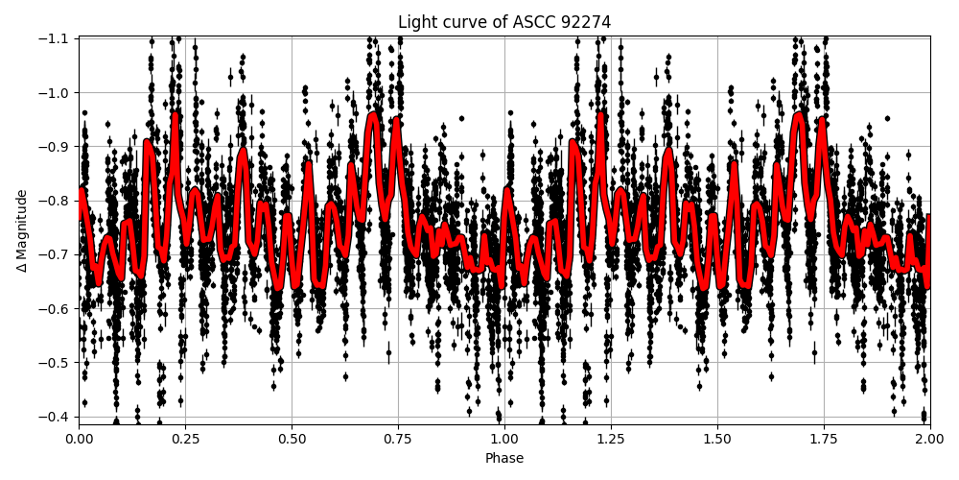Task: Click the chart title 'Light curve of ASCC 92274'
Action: [x=504, y=22]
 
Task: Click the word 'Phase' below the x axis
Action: [x=504, y=459]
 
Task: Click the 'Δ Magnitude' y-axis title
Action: [x=22, y=230]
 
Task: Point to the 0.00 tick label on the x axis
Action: [x=79, y=439]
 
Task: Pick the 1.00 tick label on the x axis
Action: [x=504, y=439]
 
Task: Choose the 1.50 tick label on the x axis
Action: [x=717, y=439]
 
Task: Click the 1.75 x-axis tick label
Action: [x=824, y=439]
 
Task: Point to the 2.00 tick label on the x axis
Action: [x=930, y=439]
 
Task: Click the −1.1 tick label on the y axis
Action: [x=57, y=38]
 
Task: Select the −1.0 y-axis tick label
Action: [x=57, y=92]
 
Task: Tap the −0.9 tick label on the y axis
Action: [x=57, y=146]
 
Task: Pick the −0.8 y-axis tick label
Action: [x=57, y=201]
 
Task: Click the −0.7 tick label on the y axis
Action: [x=57, y=254]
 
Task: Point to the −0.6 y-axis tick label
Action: [x=57, y=308]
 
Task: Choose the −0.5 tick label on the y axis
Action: [x=57, y=362]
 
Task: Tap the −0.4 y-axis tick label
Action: [x=57, y=416]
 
